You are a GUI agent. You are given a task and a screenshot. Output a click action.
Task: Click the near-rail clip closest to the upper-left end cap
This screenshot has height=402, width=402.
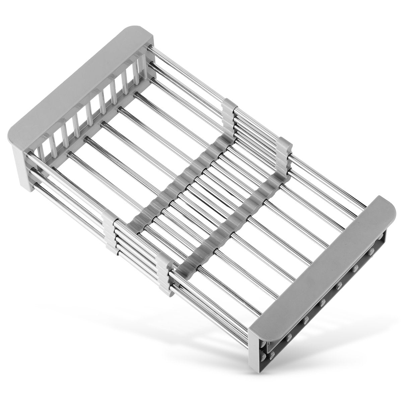tap(111, 231)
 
